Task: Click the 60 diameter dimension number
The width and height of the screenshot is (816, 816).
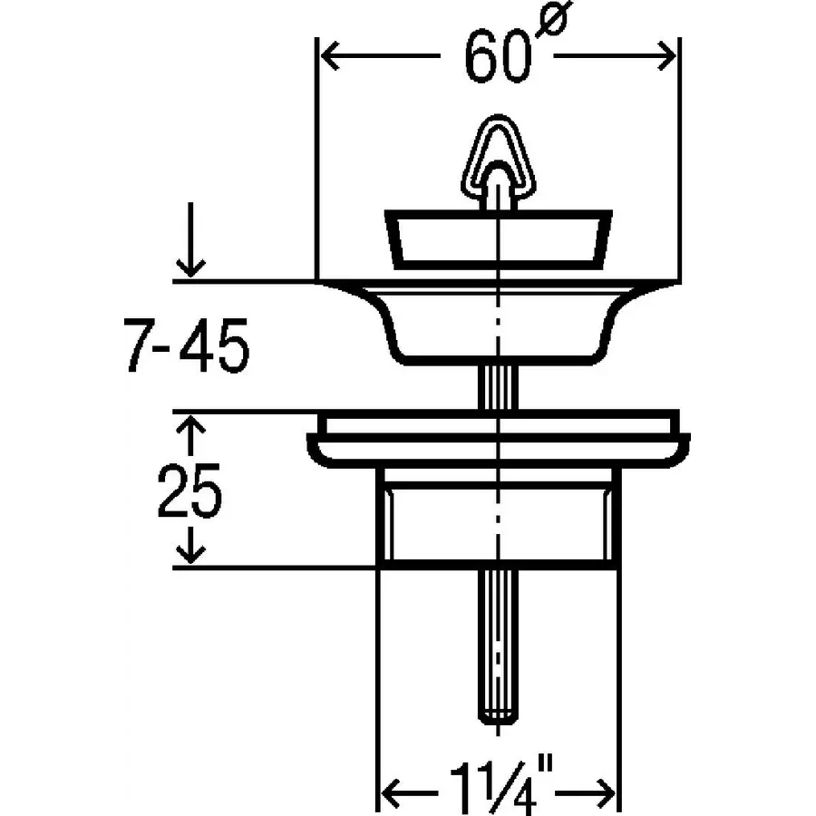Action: tap(498, 56)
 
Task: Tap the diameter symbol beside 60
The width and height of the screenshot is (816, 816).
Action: tap(553, 18)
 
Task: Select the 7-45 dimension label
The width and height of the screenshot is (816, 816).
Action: tap(186, 345)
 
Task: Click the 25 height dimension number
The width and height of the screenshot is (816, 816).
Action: tap(190, 491)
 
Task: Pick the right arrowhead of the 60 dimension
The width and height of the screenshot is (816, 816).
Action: tap(667, 55)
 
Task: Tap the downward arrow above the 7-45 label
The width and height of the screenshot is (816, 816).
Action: tap(191, 239)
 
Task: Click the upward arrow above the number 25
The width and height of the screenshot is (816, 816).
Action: tap(191, 437)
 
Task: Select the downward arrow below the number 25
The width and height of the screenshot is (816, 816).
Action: tap(191, 545)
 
